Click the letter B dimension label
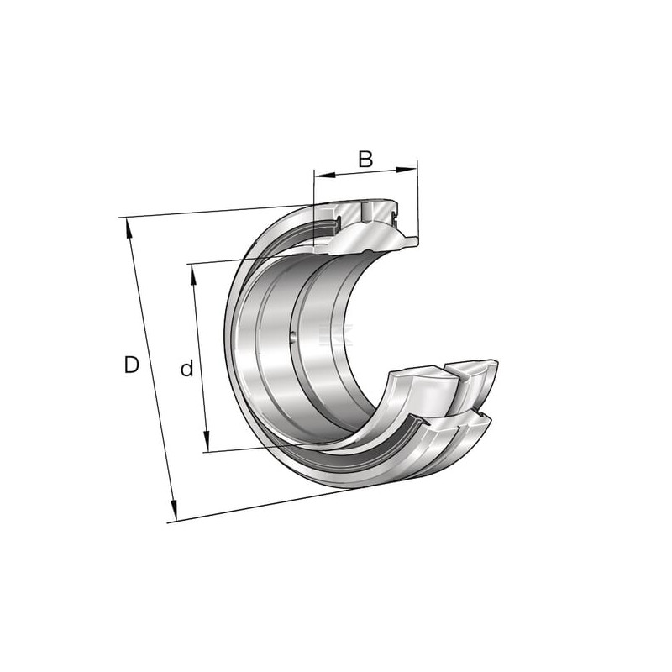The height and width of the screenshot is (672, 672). [x=365, y=160]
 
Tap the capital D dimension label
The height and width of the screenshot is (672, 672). [x=132, y=365]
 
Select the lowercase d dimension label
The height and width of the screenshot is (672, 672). [x=186, y=369]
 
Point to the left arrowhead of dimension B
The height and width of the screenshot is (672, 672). [x=324, y=175]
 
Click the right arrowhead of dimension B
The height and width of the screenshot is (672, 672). [x=407, y=170]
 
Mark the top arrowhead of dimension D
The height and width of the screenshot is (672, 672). [x=129, y=228]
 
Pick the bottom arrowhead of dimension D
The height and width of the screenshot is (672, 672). [x=174, y=510]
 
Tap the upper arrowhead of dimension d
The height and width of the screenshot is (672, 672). [x=193, y=275]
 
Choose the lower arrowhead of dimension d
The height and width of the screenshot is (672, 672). [x=207, y=440]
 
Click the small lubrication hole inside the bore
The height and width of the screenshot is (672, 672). [x=293, y=337]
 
